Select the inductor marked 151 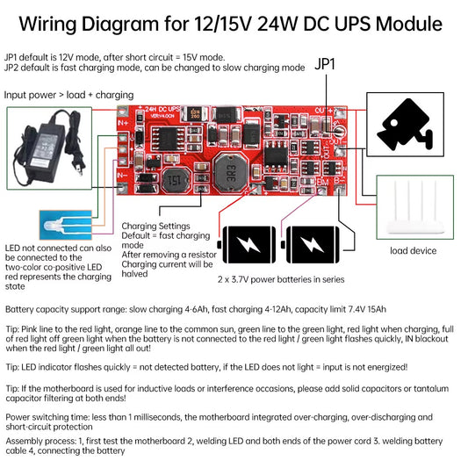tap(176, 179)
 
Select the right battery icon tap(310, 245)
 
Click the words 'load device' tap(413, 251)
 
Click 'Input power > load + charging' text tap(69, 94)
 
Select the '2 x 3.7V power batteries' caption tap(277, 280)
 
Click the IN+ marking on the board tap(123, 119)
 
